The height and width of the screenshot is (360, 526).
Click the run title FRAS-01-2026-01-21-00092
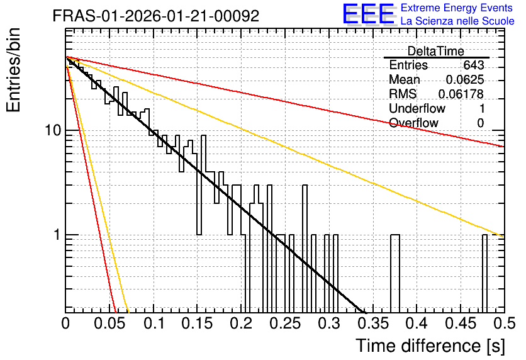click(156, 16)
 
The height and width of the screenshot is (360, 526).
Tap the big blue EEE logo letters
click(369, 14)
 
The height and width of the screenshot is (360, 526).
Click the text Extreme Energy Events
click(457, 8)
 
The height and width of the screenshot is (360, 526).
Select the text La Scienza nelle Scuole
click(457, 21)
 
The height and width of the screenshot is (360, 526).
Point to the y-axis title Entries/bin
click(13, 70)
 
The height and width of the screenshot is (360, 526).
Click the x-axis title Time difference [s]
click(430, 346)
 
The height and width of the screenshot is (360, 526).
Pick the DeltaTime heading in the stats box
click(436, 51)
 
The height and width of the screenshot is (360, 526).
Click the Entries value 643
click(474, 65)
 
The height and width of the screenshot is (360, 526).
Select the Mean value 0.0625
click(465, 79)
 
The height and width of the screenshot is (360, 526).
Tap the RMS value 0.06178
click(461, 94)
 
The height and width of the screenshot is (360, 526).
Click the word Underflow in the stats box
click(417, 108)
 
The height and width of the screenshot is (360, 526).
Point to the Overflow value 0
click(481, 123)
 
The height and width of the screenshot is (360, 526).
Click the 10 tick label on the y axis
click(53, 130)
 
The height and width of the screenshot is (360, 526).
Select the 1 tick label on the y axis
click(57, 235)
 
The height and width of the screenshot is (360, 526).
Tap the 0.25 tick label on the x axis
click(286, 323)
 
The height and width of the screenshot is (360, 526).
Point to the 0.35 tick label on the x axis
click(373, 323)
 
